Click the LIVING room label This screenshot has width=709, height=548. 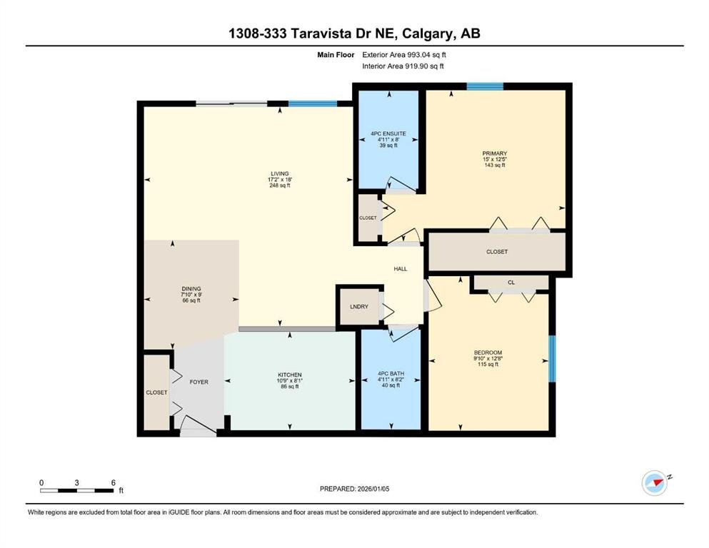pos(280,173)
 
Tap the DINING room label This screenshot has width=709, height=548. pos(191,289)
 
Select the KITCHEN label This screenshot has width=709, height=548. pos(290,375)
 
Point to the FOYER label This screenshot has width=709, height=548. pos(199,382)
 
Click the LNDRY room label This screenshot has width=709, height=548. pos(359,307)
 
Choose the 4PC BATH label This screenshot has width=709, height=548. pos(391,374)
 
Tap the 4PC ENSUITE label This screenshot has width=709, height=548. pos(388,133)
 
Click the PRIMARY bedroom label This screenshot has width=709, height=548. pos(495,153)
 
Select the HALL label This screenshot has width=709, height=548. pos(401,269)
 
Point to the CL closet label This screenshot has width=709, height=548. pos(511,283)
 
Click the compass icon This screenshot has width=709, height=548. pos(655,483)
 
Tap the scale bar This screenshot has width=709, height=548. pos(77,490)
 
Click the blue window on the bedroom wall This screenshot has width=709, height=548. pos(552,359)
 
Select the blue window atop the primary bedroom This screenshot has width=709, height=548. pos(486,86)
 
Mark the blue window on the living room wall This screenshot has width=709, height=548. pos(313,103)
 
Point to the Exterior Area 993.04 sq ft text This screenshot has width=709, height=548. pos(404,55)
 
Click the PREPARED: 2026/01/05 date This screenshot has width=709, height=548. pos(354,489)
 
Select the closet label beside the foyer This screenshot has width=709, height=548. pos(156,392)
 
